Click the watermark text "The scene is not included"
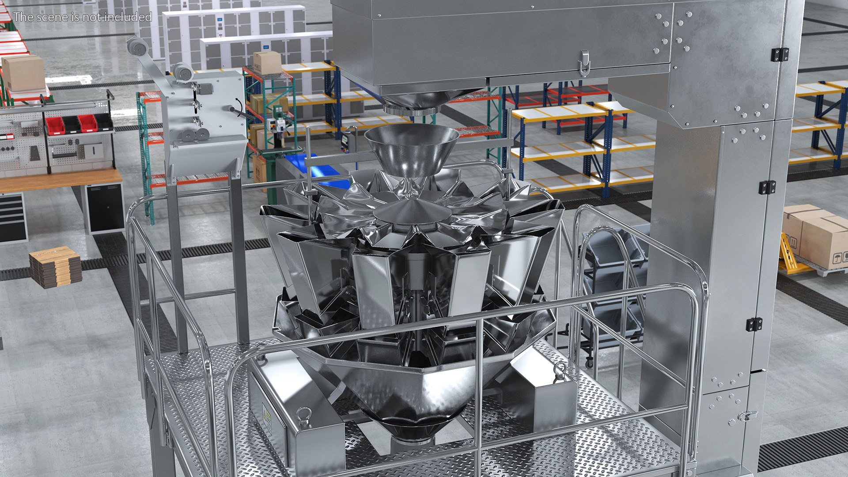coord(83,17)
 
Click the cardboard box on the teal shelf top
coord(267,62)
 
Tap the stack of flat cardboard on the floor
coord(56,266)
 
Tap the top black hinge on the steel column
coord(780,55)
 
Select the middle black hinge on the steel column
coord(767,187)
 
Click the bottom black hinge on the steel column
coord(754,324)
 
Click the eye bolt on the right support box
coord(560,367)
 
